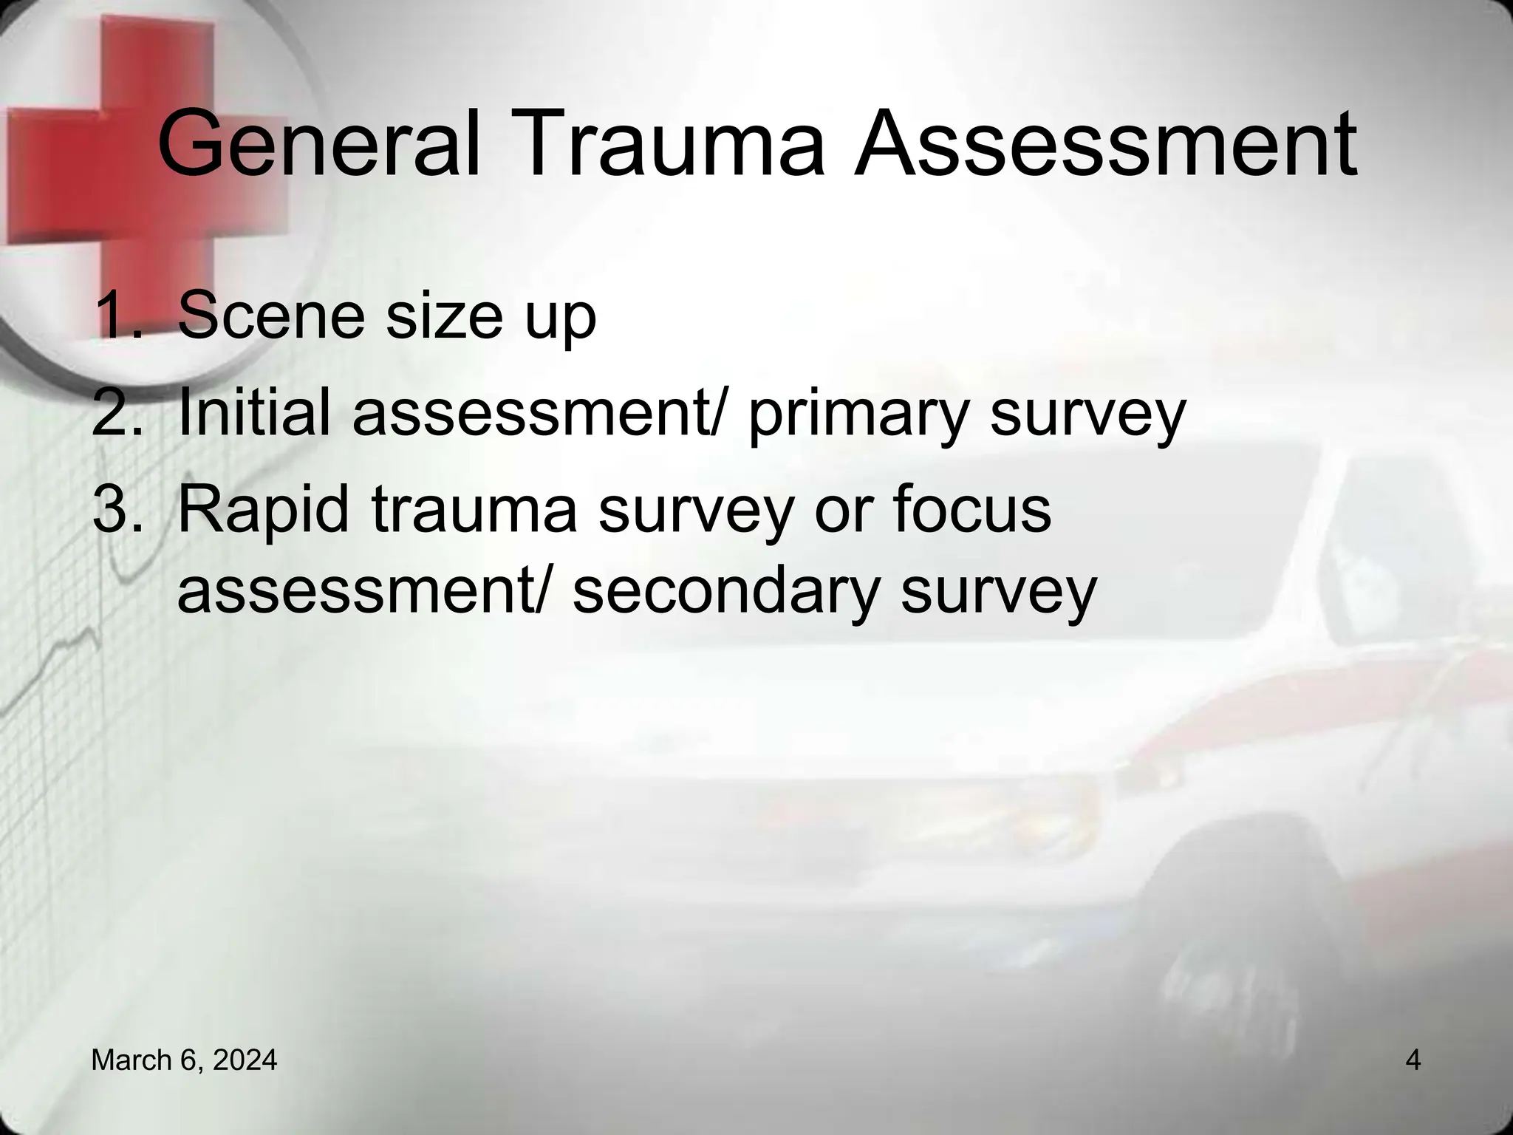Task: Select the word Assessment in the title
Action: pyautogui.click(x=1105, y=144)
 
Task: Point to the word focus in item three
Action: pyautogui.click(x=971, y=509)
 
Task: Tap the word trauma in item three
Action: pyautogui.click(x=473, y=509)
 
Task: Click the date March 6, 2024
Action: pyautogui.click(x=184, y=1060)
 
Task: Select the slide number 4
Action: pyautogui.click(x=1413, y=1060)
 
